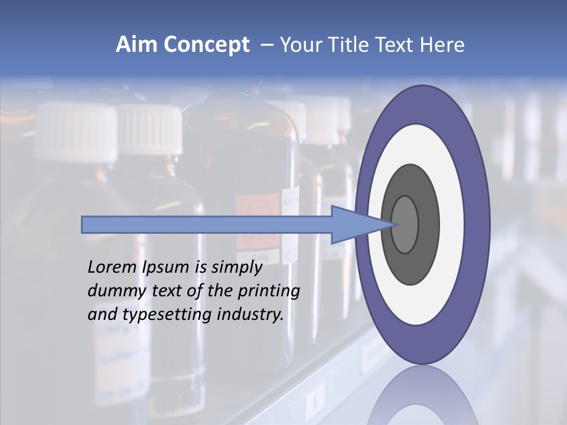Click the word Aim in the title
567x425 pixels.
(137, 45)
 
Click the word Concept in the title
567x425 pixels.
(206, 45)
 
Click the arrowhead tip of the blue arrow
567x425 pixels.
(394, 224)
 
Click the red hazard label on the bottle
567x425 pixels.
(256, 221)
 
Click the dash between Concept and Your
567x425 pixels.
(266, 45)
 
